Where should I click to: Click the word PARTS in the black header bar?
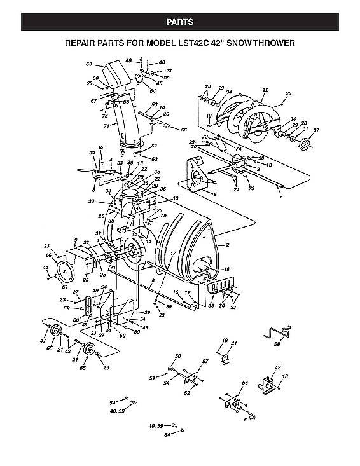(180, 22)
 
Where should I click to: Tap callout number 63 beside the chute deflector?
(90, 64)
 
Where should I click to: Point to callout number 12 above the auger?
(265, 90)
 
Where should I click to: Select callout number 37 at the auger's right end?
(316, 131)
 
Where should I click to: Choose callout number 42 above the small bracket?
(277, 368)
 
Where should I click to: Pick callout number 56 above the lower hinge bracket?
(244, 383)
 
